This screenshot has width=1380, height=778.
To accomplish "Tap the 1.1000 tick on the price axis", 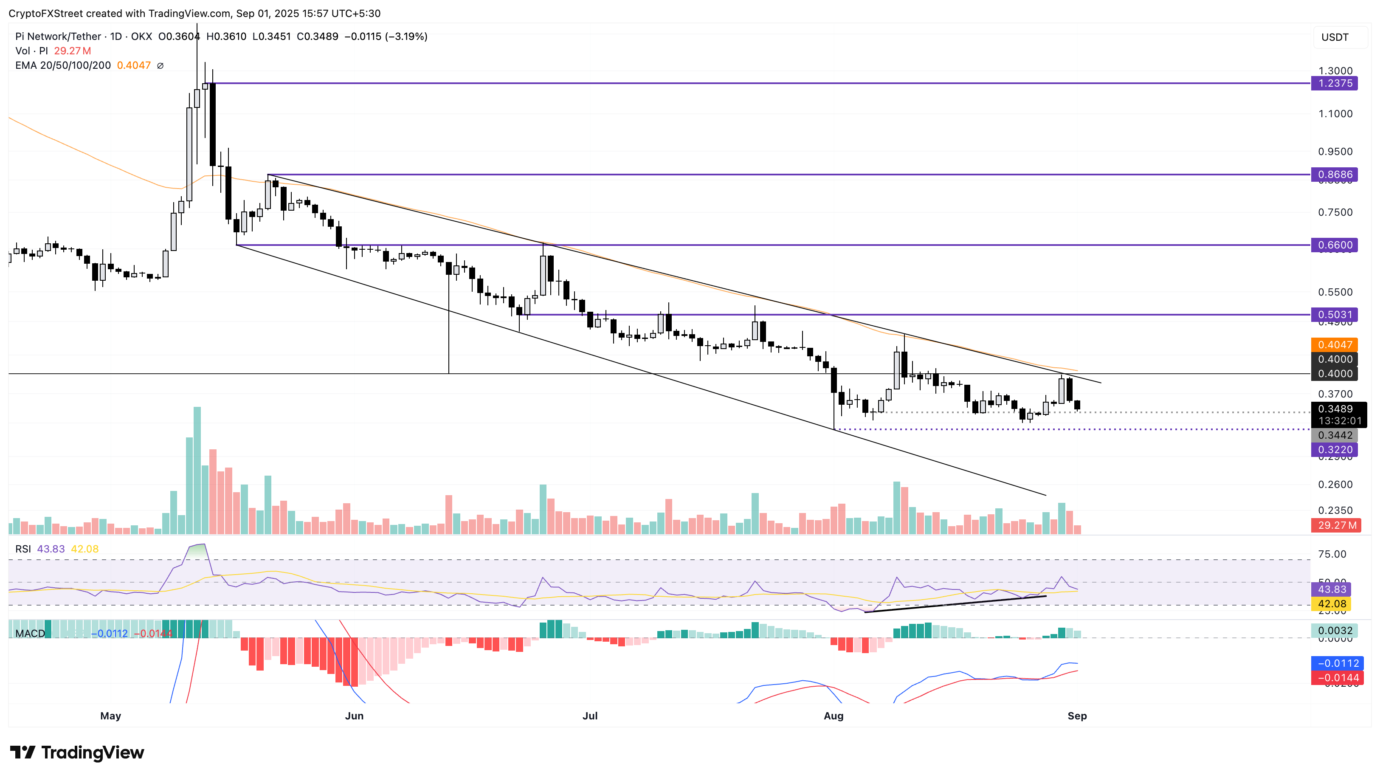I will coord(1335,113).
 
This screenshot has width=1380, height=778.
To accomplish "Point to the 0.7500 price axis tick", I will coord(1335,212).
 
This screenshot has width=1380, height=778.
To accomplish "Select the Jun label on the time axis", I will coord(354,716).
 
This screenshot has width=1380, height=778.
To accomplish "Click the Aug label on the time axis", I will coord(834,716).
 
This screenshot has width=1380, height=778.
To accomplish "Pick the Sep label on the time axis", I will coord(1077,716).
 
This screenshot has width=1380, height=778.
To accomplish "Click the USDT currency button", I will coord(1335,37).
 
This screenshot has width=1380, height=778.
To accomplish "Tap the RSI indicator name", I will coord(23,549).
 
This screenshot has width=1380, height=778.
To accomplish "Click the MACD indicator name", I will coord(30,633).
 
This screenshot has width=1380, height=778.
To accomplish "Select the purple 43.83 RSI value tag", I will coord(1331,589).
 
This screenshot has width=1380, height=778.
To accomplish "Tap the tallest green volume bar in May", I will coord(197,471).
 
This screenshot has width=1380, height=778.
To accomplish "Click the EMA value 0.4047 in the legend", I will coord(134,65).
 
